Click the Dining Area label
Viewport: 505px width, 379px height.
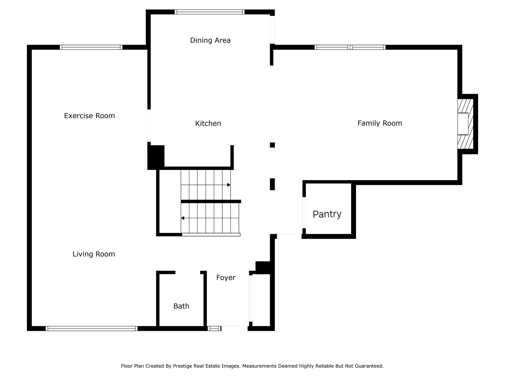[x=210, y=40]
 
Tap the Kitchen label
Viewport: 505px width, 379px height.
[x=208, y=124]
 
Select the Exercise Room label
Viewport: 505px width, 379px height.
[x=89, y=116]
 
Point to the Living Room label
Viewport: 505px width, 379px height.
[x=94, y=254]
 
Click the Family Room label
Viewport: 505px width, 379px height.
[x=379, y=123]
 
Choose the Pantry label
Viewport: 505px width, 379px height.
[x=327, y=214]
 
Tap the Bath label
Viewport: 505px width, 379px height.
[x=181, y=306]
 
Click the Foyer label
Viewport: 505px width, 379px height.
[x=226, y=278]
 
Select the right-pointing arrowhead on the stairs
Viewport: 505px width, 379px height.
[x=229, y=185]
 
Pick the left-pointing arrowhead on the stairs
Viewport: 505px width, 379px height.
[x=183, y=218]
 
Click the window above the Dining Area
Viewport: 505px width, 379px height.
[x=209, y=12]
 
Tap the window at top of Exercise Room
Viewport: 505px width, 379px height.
[x=91, y=47]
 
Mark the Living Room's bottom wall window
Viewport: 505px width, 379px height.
[x=91, y=328]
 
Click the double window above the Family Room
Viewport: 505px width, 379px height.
[x=350, y=47]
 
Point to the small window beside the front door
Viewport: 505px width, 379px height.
[x=214, y=328]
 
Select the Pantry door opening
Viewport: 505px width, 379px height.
[x=304, y=213]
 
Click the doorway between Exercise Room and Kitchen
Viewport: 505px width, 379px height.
[x=149, y=126]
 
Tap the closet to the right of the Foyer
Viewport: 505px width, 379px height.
[x=261, y=300]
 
